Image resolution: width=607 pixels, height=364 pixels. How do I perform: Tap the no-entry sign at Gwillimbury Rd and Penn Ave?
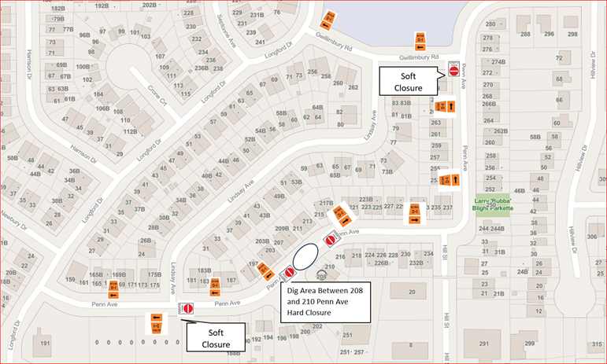click(x=453, y=70)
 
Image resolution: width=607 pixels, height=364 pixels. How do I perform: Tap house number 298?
click(x=572, y=35)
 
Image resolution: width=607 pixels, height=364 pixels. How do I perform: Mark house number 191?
click(x=46, y=344)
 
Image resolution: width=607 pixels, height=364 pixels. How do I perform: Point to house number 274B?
click(x=498, y=61)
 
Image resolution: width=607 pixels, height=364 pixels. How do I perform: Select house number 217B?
click(x=327, y=204)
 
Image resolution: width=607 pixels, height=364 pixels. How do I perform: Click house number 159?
click(x=71, y=280)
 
